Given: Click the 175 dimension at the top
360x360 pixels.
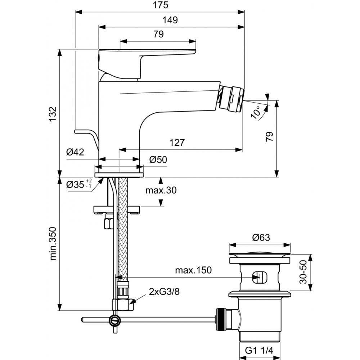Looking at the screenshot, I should pos(159,5).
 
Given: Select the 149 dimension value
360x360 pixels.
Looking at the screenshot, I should pos(170,20).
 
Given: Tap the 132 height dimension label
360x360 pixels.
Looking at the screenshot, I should pos(53,114).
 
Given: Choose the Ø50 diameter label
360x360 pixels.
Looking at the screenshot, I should pos(158,159).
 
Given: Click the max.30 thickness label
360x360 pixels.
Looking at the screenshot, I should pos(161,190).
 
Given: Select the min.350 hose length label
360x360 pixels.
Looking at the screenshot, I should pos(53,243).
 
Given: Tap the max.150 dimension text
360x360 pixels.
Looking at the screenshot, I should pos(193,270).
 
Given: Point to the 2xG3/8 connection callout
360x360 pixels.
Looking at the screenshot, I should pos(164,292).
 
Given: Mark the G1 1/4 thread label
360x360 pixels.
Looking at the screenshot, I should pos(260,350).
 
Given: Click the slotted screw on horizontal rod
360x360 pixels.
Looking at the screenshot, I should pos(115,319).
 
